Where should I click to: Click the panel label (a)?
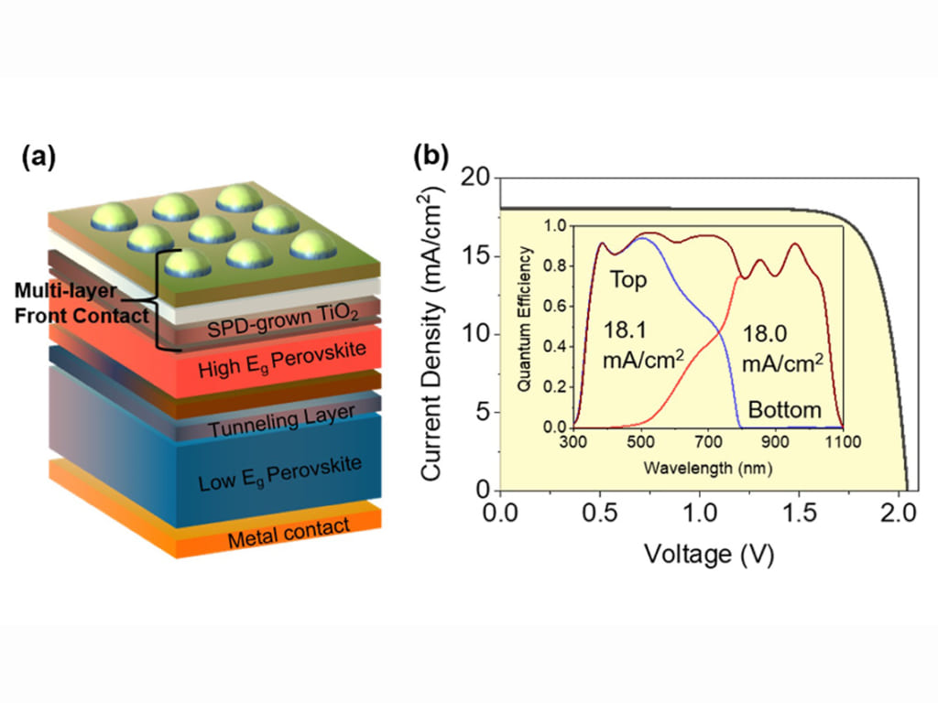38,158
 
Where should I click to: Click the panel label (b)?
431,157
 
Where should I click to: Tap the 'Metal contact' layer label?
289,533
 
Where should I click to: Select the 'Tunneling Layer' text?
282,421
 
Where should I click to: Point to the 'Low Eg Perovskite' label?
280,473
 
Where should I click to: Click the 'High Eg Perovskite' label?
282,360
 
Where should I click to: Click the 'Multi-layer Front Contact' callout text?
82,303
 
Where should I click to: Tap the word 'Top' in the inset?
628,280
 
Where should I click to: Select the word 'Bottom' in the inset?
784,410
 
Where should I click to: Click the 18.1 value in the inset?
625,330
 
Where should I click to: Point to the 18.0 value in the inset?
765,334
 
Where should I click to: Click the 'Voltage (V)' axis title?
709,554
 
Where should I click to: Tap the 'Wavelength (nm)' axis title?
708,468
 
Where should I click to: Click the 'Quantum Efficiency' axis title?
525,319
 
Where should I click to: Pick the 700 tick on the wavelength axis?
708,442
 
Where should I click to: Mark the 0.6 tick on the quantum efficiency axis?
555,306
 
